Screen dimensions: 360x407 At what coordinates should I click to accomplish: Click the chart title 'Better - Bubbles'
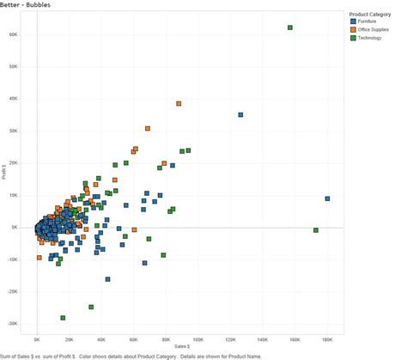[x=26, y=4]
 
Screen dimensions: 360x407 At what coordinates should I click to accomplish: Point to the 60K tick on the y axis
[x=14, y=35]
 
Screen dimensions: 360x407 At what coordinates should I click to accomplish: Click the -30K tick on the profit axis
[x=14, y=324]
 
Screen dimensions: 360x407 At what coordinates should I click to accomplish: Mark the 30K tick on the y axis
[x=14, y=131]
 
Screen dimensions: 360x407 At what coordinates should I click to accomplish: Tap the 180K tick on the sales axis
[x=327, y=339]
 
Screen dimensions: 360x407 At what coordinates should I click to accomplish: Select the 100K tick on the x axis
[x=197, y=339]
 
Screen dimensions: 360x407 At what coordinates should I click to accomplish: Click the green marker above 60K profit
[x=290, y=27]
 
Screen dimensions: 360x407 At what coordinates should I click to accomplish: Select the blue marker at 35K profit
[x=240, y=114]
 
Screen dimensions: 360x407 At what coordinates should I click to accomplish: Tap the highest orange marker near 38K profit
[x=179, y=104]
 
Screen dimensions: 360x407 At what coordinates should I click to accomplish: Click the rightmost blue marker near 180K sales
[x=327, y=198]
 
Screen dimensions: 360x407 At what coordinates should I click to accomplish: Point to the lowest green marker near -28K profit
[x=63, y=318]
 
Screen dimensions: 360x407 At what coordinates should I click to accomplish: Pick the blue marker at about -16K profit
[x=107, y=279]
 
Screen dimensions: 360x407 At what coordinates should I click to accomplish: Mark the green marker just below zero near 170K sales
[x=316, y=230]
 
